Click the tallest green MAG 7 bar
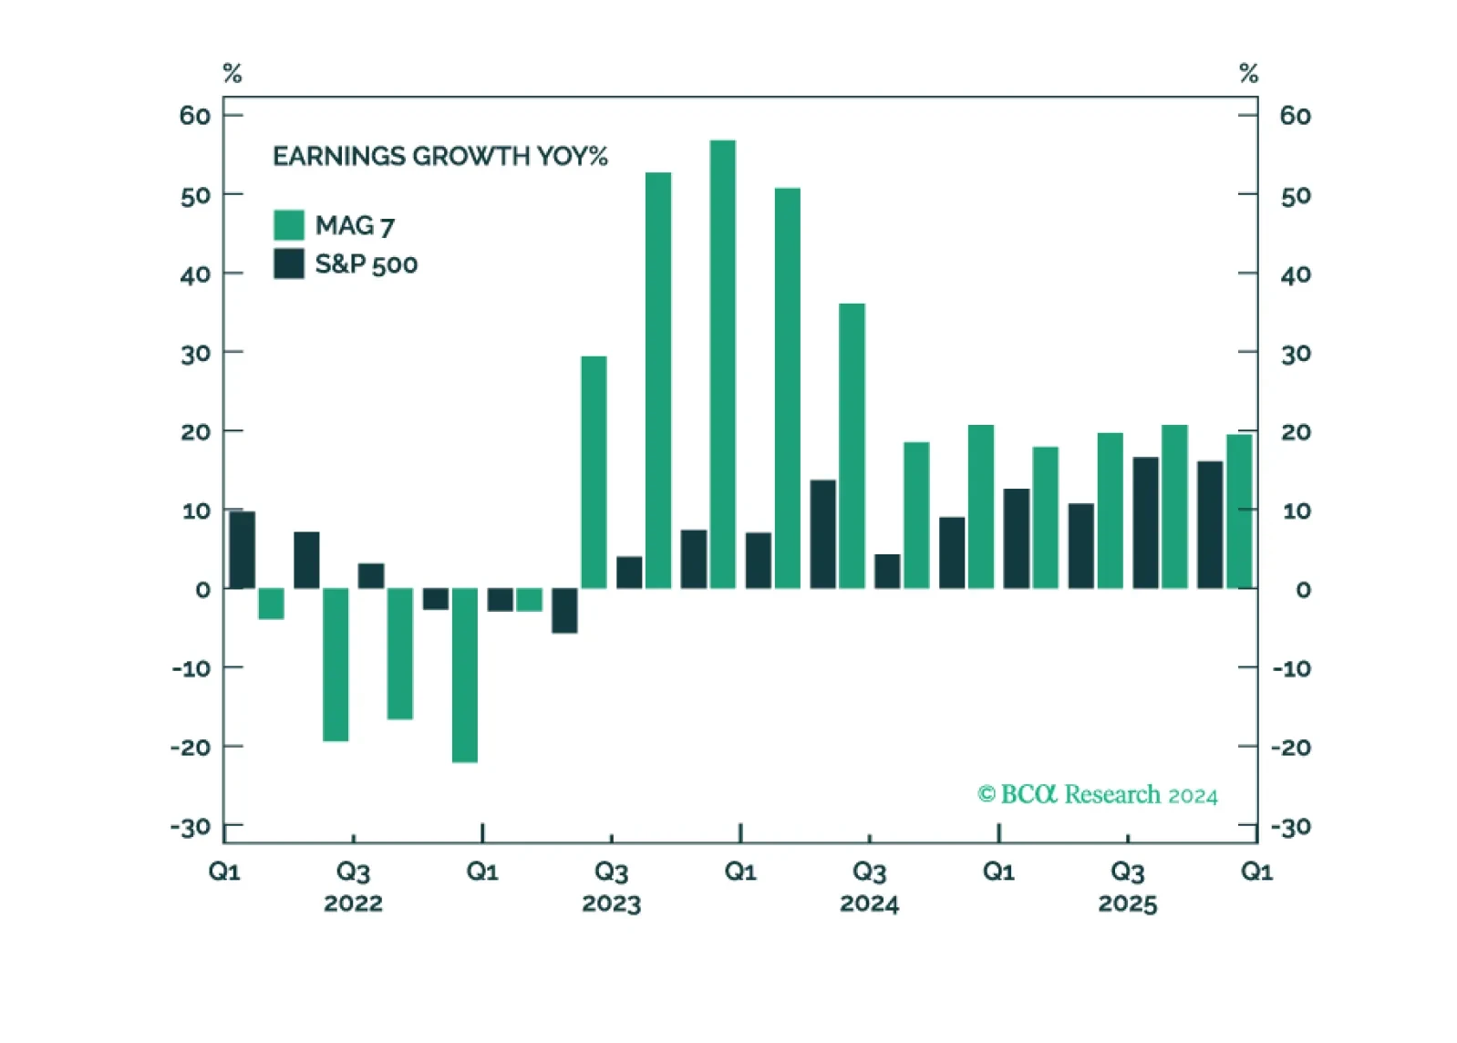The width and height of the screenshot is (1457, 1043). [723, 364]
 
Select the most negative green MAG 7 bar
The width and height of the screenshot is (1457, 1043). [465, 675]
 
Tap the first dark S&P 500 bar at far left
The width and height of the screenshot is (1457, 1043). [243, 550]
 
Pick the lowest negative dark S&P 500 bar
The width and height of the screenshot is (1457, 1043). [564, 611]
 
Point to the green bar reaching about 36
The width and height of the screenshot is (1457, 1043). [852, 446]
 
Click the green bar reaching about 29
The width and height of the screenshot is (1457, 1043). [594, 473]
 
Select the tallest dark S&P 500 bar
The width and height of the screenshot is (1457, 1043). [1145, 522]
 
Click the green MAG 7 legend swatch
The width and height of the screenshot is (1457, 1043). [289, 225]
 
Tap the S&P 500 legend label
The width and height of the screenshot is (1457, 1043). [367, 264]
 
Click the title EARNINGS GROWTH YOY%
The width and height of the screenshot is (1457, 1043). [440, 156]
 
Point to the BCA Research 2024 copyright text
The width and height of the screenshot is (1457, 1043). [1097, 795]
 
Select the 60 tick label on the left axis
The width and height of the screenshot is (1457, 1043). [195, 116]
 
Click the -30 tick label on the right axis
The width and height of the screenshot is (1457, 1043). [1291, 828]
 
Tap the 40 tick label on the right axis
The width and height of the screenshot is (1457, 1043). [1296, 275]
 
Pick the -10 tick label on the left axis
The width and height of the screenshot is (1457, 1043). [191, 668]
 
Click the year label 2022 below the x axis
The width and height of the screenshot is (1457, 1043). [353, 904]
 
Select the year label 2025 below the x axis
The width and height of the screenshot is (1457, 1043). [1128, 904]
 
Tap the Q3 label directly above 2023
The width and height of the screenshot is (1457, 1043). [612, 872]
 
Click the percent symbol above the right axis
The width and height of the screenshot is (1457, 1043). [1249, 73]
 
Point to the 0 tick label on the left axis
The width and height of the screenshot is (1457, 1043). [203, 590]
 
